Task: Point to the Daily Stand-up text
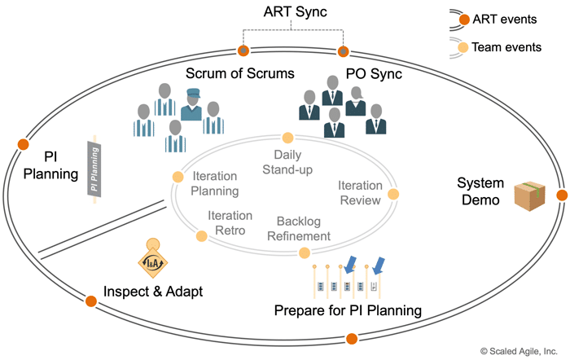pos(287,162)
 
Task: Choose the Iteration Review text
pos(360,193)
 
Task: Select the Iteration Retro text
pos(230,222)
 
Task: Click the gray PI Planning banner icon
pos(94,169)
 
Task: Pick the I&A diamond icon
pos(154,261)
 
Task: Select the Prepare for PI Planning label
pos(348,310)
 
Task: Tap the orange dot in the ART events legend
pos(463,20)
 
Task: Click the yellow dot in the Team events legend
pos(463,47)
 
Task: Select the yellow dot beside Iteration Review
pos(393,194)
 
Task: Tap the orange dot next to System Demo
pos(561,195)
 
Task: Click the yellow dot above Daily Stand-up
pos(287,138)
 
